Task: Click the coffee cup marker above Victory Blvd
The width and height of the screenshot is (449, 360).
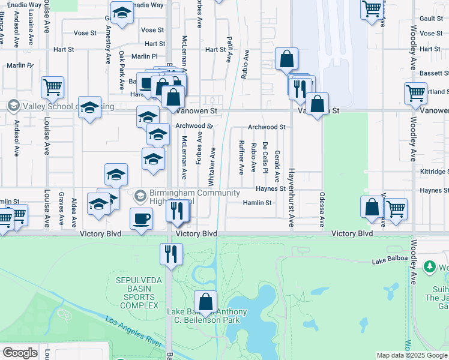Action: point(142,219)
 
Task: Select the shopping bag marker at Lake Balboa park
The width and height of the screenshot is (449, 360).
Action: point(206,301)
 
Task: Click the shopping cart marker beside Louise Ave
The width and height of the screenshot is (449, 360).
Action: point(52,87)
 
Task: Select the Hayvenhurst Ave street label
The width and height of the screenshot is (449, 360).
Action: point(291,198)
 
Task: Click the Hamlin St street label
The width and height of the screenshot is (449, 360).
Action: point(258,203)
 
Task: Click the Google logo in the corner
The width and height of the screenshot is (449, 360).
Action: point(20,353)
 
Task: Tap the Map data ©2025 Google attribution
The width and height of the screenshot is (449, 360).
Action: point(412,355)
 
